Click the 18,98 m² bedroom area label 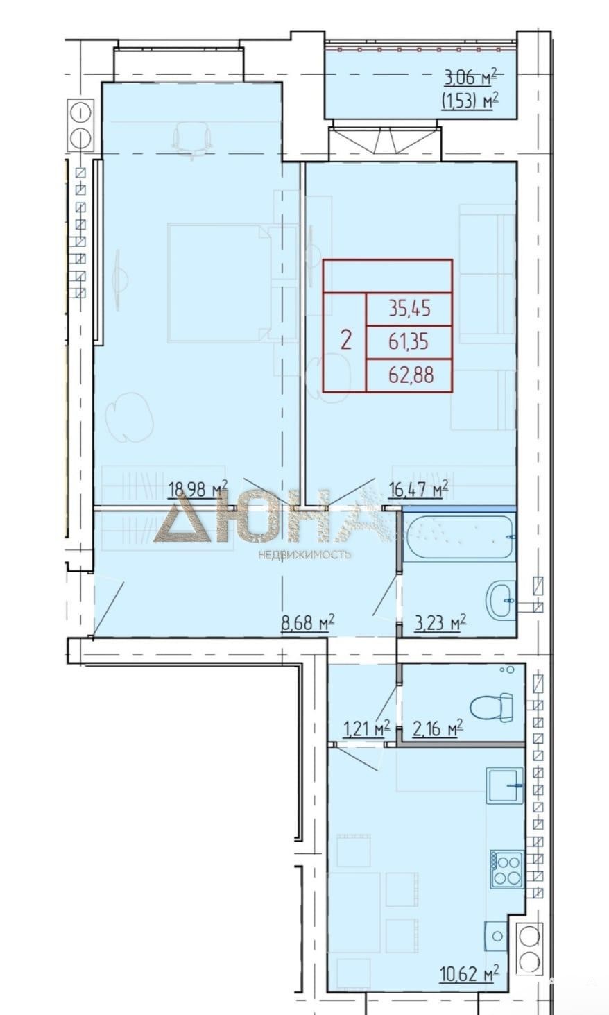coord(198,489)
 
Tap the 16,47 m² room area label coord(419,489)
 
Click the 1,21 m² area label coord(366,729)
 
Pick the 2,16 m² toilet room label coord(437,729)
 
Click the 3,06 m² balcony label coord(471,78)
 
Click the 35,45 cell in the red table coord(409,309)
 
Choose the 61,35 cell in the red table coord(409,343)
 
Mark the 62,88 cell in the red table coord(409,375)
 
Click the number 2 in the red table coord(345,340)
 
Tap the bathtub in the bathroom coord(458,538)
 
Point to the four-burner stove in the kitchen coord(506,869)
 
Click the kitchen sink coord(505,785)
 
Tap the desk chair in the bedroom coord(193,139)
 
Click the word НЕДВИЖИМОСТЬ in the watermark coord(304,554)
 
